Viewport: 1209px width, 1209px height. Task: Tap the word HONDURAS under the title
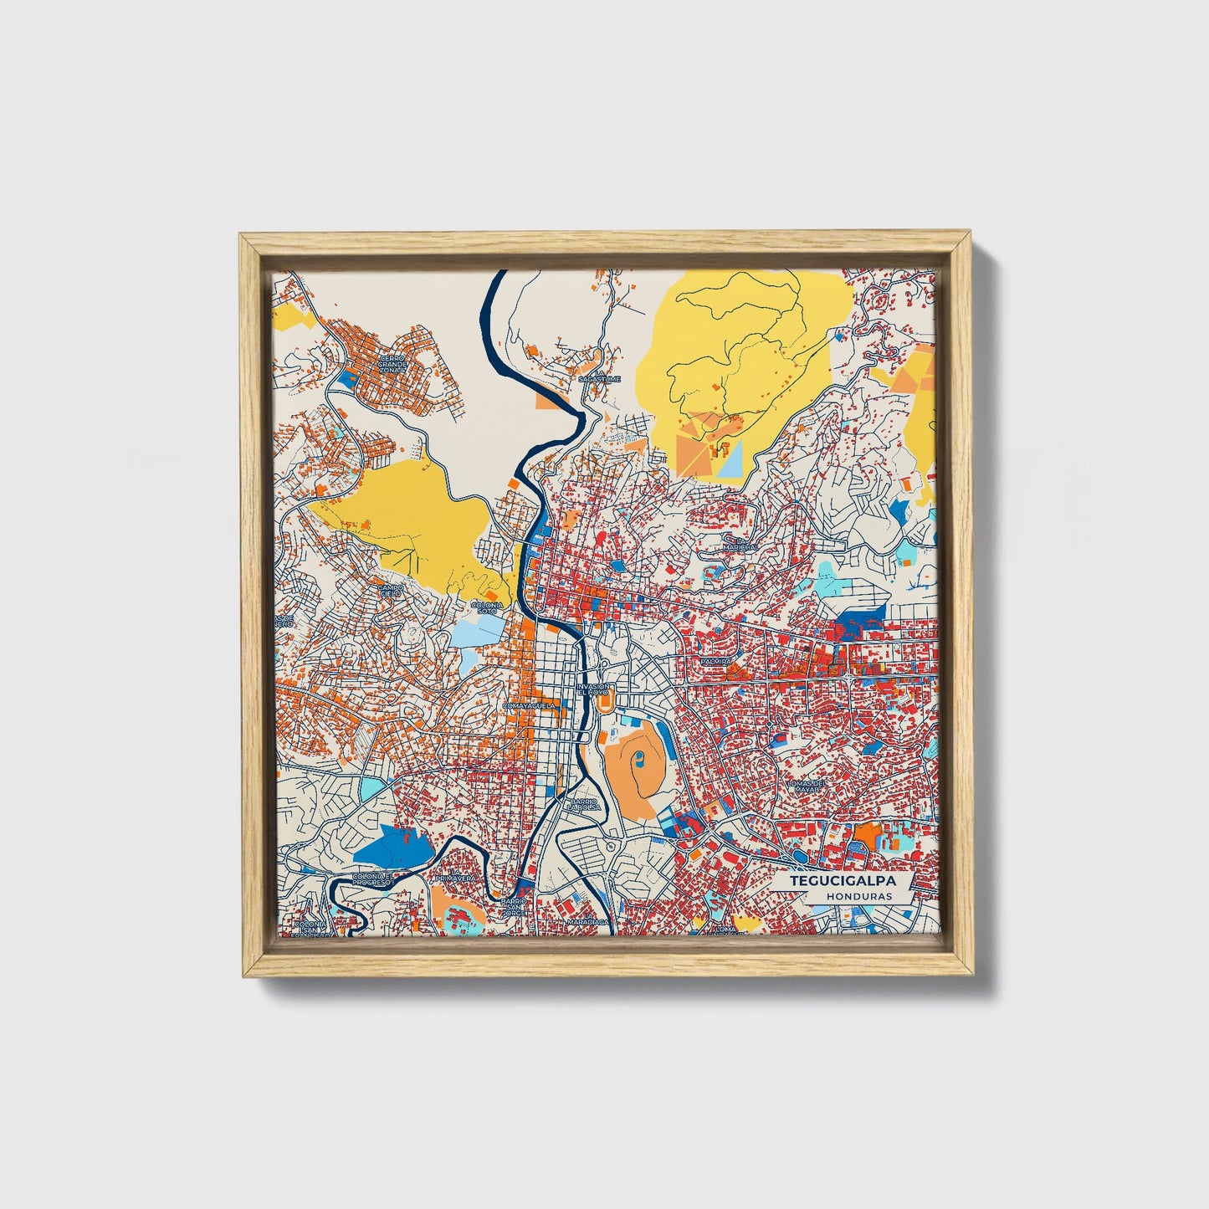tap(858, 895)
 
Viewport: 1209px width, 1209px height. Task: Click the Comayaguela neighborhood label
tap(529, 705)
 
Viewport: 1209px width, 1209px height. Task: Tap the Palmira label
tap(717, 661)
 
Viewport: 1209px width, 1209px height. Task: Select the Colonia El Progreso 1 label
tap(372, 879)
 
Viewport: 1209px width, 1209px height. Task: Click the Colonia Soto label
tap(488, 607)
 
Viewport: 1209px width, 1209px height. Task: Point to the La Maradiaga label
tap(587, 920)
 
